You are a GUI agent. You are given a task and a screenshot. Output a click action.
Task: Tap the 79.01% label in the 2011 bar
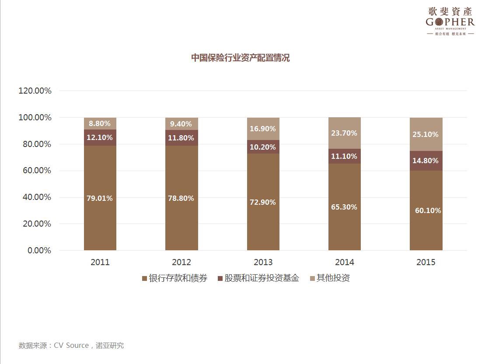[x=100, y=198]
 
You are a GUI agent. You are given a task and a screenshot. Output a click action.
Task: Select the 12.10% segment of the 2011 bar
[x=100, y=137]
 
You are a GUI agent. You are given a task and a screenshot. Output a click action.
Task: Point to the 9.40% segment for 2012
[x=181, y=124]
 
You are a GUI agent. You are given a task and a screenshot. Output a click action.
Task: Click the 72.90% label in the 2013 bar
[x=263, y=202]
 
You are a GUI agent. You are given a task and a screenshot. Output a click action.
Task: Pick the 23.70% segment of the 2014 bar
[x=344, y=133]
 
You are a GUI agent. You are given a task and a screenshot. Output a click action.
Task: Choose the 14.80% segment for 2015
[x=426, y=161]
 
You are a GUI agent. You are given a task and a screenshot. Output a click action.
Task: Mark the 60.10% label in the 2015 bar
[x=428, y=210]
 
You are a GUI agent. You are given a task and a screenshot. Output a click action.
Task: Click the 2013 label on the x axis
[x=263, y=262]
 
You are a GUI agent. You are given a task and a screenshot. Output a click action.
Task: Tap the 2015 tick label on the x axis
[x=426, y=262]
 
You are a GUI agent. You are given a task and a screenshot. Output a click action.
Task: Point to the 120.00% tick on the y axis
[x=35, y=91]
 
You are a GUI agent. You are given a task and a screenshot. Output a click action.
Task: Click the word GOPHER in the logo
[x=450, y=22]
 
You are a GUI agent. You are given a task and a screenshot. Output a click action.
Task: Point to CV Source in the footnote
[x=71, y=345]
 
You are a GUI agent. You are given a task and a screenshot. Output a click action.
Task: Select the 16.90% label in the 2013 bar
[x=263, y=129]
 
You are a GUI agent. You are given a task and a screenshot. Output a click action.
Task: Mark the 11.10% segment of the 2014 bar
[x=344, y=156]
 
